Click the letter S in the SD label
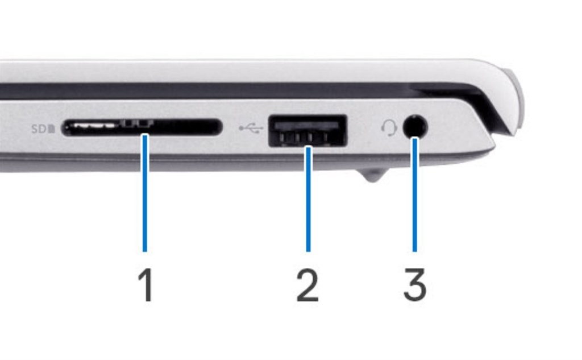35,129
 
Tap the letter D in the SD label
43,129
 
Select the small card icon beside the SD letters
52,129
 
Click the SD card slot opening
142,128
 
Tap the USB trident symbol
251,129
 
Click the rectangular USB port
308,130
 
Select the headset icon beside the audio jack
389,128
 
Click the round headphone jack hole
415,126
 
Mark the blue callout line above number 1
145,193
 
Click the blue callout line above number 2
308,199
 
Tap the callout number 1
146,285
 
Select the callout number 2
307,285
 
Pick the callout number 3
415,285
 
